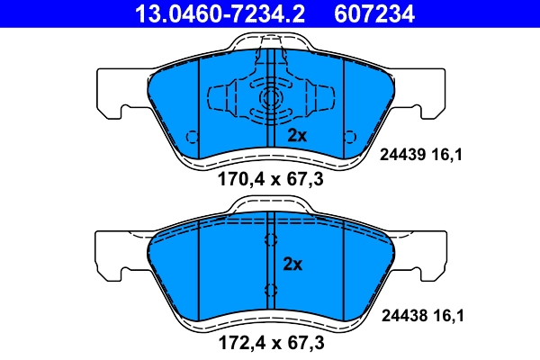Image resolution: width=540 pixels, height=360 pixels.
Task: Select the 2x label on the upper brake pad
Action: click(297, 136)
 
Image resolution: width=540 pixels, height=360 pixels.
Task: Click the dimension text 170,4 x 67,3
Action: click(270, 179)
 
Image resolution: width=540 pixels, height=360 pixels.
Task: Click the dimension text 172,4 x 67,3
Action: click(270, 343)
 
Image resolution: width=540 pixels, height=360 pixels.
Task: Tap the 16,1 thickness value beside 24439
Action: click(451, 155)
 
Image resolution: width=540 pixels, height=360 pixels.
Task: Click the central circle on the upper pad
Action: click(270, 100)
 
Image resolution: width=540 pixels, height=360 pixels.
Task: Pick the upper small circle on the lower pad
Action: click(270, 240)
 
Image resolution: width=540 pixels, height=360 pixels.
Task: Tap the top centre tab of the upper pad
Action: click(270, 40)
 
